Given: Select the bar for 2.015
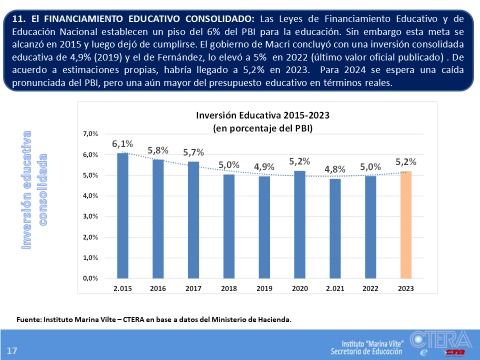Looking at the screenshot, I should [123, 215].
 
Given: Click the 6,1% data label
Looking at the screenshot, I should [123, 144].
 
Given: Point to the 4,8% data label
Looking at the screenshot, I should [335, 169].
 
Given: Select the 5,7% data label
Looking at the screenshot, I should [193, 152].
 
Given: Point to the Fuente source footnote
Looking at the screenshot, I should [156, 319].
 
